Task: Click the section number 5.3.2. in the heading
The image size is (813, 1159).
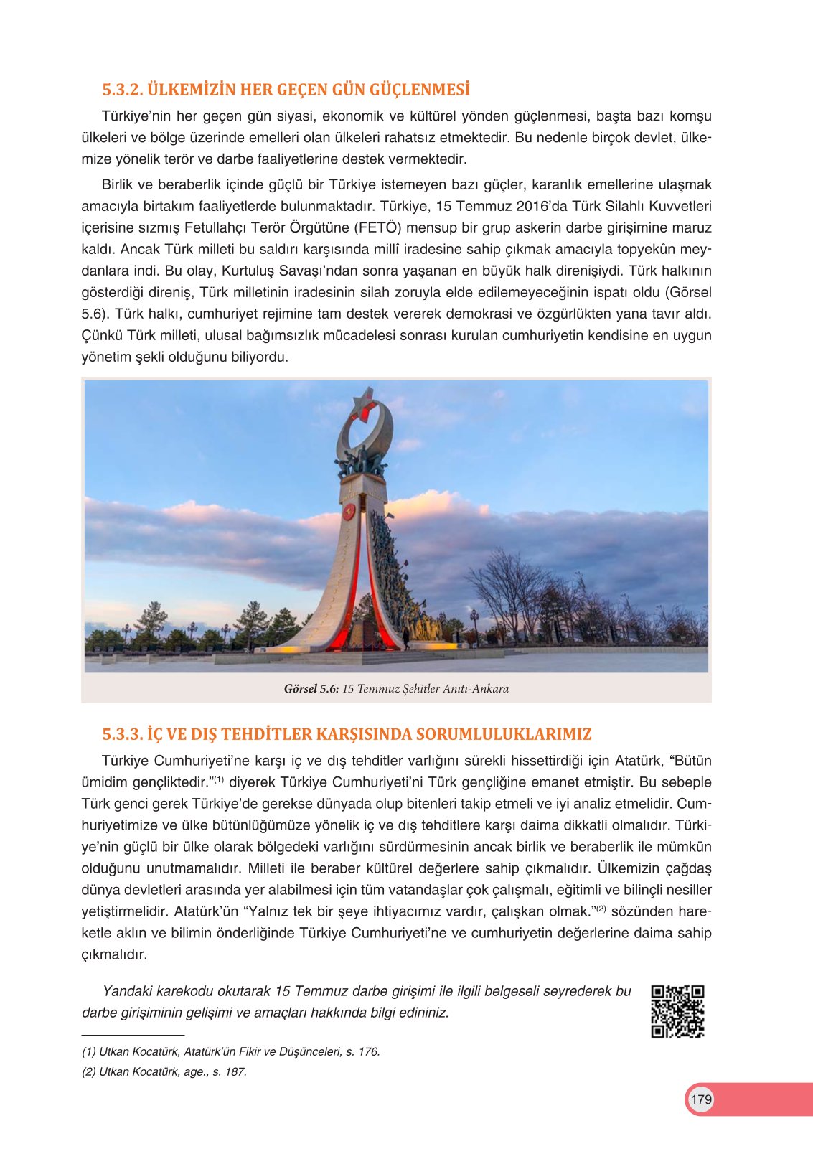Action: click(x=123, y=90)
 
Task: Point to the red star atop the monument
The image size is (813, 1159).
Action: click(x=365, y=406)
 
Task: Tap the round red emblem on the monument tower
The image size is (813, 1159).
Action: click(x=349, y=512)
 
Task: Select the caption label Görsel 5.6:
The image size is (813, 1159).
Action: click(x=311, y=689)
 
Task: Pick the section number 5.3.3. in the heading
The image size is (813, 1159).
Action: click(x=123, y=734)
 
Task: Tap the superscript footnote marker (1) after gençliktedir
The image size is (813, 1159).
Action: click(x=219, y=780)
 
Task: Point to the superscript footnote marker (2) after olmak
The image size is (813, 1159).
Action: click(x=600, y=909)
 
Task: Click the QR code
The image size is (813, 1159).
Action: click(x=677, y=1011)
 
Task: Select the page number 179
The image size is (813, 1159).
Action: click(x=701, y=1099)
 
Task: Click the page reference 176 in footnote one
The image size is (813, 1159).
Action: click(x=368, y=1052)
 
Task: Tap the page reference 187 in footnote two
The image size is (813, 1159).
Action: click(x=235, y=1072)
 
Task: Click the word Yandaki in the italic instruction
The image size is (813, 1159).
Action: click(x=126, y=992)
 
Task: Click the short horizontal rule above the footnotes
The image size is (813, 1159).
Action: click(x=133, y=1036)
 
